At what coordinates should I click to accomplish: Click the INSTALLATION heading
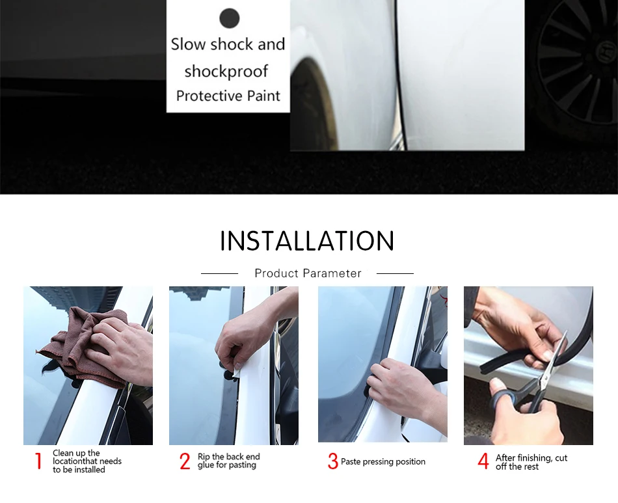click(307, 241)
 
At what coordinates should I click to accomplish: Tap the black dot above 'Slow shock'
click(230, 18)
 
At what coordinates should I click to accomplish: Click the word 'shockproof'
click(226, 72)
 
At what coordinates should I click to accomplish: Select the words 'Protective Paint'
click(228, 96)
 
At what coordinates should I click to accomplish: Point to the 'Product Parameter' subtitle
click(308, 273)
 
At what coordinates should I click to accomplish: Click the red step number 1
click(38, 461)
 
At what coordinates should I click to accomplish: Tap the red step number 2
click(185, 461)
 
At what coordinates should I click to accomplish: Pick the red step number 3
click(333, 461)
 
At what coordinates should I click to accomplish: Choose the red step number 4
click(483, 461)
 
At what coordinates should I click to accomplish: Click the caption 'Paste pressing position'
click(383, 461)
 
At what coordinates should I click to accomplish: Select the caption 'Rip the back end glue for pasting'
click(228, 461)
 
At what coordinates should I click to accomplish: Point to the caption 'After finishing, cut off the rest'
click(531, 462)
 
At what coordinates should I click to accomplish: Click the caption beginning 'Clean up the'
click(87, 461)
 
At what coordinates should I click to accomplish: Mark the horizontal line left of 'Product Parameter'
click(219, 273)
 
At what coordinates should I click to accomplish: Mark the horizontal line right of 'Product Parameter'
click(395, 273)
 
